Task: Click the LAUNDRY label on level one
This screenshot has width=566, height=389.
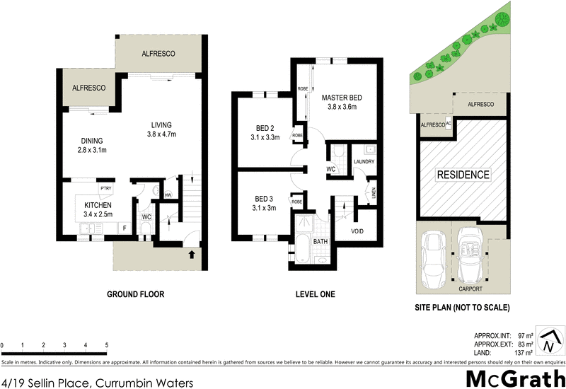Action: (363, 162)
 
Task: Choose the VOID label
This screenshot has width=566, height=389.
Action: (359, 231)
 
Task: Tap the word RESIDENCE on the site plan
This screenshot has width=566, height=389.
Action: (463, 175)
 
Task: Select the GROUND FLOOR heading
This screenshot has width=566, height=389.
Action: (135, 294)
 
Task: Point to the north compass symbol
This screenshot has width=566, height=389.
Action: (548, 342)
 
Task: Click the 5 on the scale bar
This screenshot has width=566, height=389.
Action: (106, 345)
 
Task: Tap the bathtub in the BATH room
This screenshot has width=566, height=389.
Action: (301, 251)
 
